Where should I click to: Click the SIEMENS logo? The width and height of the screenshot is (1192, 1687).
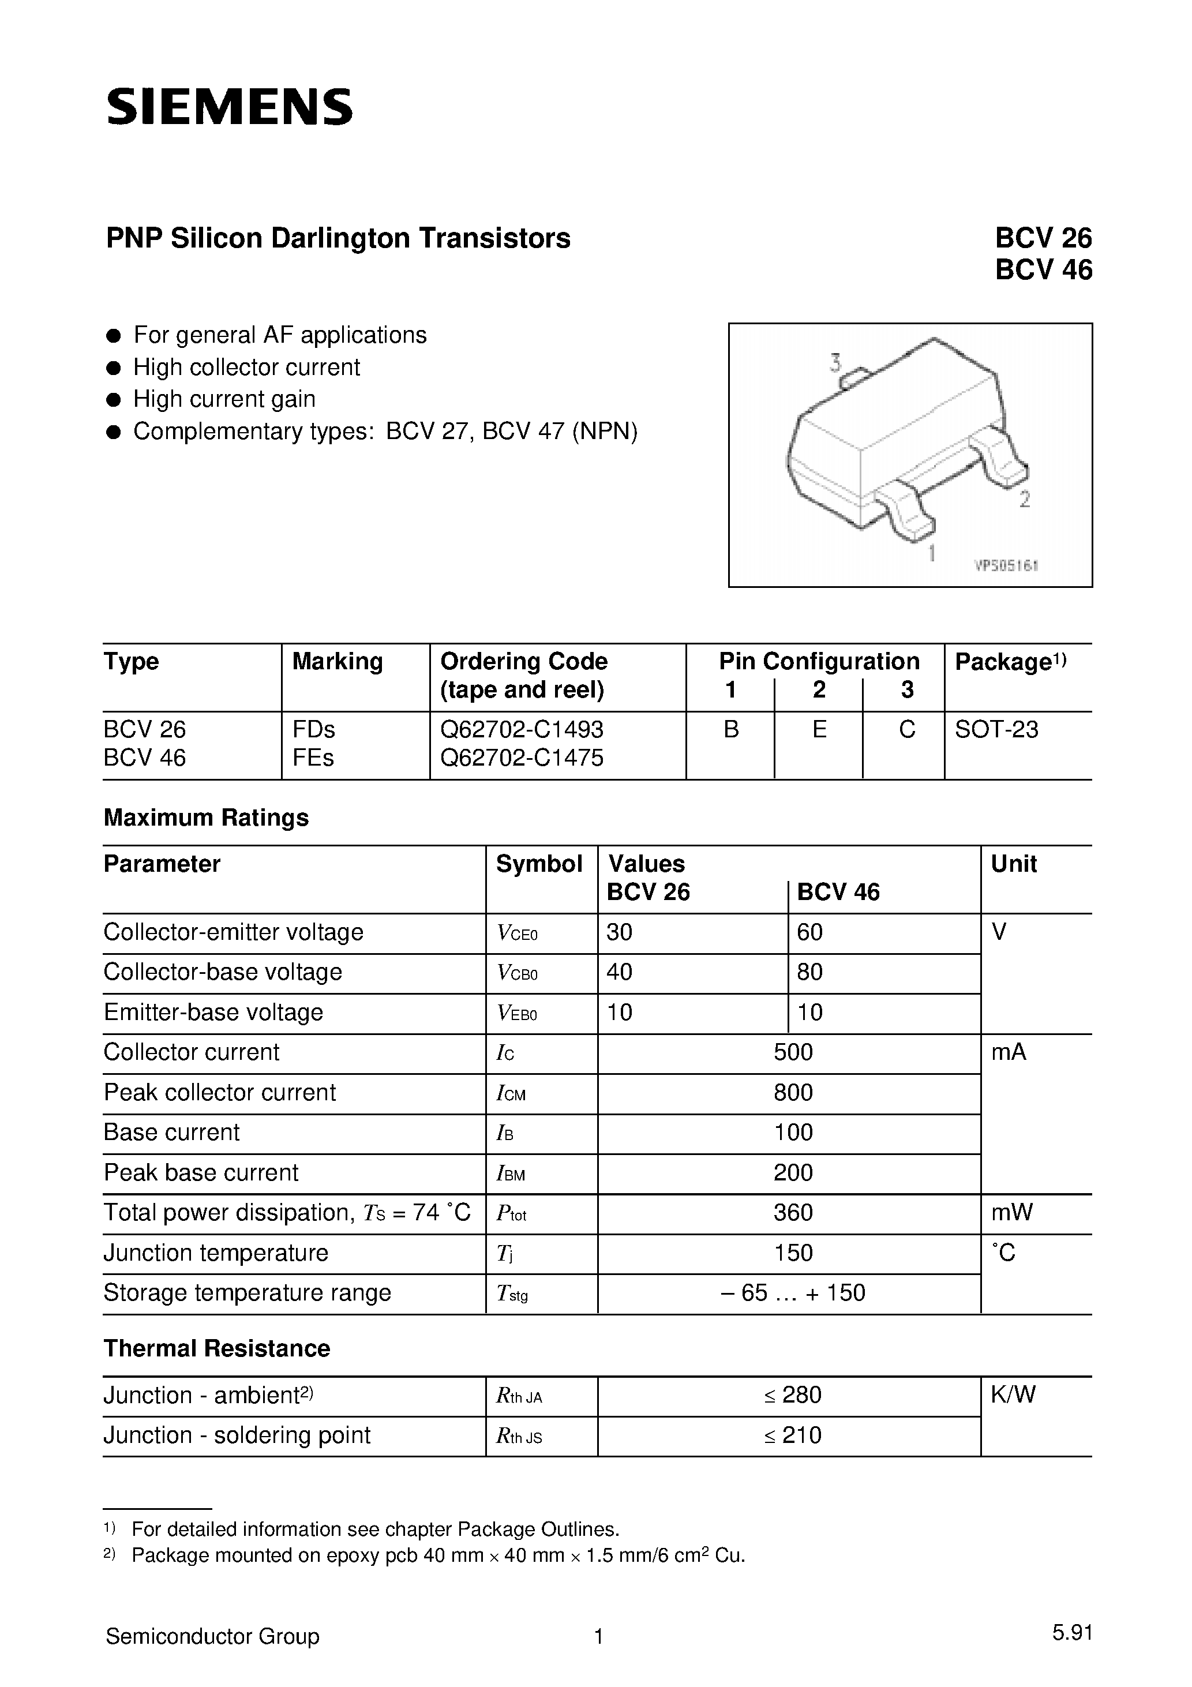click(x=229, y=107)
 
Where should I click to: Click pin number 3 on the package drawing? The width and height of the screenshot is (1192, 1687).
click(x=835, y=362)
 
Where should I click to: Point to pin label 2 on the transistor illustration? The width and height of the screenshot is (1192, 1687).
click(x=1025, y=500)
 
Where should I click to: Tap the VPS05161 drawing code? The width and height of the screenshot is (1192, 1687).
click(x=1005, y=566)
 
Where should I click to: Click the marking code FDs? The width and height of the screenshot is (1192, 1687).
click(x=314, y=730)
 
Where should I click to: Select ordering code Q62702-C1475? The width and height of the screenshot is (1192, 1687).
click(x=522, y=758)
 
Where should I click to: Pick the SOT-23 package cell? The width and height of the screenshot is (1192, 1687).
click(x=996, y=730)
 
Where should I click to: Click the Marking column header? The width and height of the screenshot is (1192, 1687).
click(x=338, y=661)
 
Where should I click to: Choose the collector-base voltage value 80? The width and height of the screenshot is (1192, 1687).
click(x=810, y=972)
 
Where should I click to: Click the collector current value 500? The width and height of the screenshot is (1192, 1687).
click(x=793, y=1052)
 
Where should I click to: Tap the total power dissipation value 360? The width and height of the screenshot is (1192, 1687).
click(x=793, y=1212)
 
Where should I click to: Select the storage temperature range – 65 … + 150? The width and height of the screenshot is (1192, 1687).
click(x=793, y=1292)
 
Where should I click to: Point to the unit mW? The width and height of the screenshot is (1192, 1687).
click(x=1011, y=1212)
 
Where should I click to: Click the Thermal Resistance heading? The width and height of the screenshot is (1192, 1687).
click(x=217, y=1348)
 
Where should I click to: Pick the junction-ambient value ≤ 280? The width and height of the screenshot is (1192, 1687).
click(x=793, y=1394)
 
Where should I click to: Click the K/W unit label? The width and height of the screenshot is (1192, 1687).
click(x=1013, y=1394)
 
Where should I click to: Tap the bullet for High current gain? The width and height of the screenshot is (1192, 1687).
click(x=113, y=400)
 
